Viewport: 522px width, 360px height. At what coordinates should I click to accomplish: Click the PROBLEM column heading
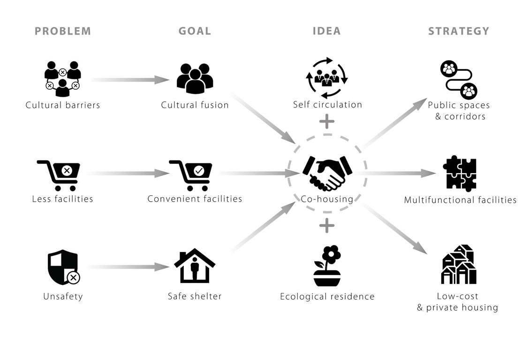tap(63, 31)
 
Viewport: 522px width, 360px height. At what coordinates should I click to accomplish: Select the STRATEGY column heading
tap(458, 31)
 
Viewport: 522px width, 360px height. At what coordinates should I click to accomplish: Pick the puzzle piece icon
tap(460, 173)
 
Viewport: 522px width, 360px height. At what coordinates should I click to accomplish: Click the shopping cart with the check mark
tap(191, 175)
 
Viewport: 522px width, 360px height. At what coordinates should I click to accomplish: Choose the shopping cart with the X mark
tap(59, 175)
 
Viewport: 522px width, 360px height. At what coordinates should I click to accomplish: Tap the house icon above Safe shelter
tap(195, 266)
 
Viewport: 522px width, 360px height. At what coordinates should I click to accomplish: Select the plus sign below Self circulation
tap(327, 122)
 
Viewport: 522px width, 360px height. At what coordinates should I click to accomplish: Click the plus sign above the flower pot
tap(327, 226)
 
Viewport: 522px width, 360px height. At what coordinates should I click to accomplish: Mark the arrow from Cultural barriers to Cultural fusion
tap(130, 80)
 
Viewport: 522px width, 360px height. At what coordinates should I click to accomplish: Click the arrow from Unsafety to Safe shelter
tap(128, 267)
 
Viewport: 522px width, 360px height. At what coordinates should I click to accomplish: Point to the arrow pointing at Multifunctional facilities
tap(399, 173)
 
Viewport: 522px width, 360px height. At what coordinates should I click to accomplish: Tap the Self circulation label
tap(327, 105)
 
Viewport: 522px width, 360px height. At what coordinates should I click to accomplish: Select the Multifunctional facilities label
tap(460, 200)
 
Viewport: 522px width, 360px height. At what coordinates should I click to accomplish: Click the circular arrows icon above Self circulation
tap(327, 77)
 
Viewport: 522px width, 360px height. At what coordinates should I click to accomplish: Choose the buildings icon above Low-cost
tap(459, 265)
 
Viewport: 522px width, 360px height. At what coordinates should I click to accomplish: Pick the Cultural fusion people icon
tap(195, 78)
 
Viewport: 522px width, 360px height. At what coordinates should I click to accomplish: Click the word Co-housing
tap(327, 199)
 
